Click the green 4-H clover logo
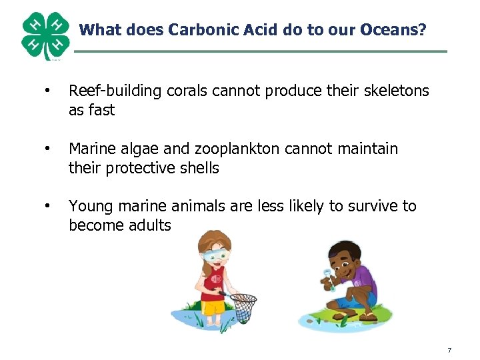45,35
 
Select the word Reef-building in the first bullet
110,91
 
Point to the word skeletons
393,91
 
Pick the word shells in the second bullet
198,168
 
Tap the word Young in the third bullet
89,206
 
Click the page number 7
449,350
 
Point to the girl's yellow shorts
213,307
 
